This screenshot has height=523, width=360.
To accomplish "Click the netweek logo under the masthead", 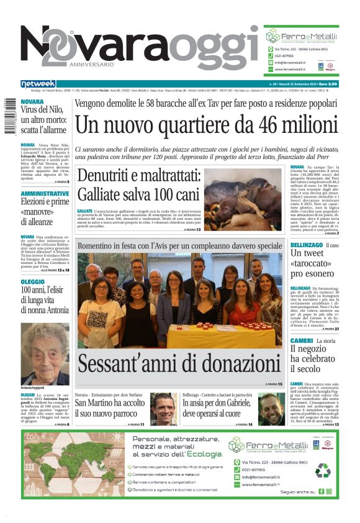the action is coord(38,83).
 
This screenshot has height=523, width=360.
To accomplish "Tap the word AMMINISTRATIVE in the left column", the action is coord(44,194).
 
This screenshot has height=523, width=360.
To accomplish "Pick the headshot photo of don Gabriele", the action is coord(271,408).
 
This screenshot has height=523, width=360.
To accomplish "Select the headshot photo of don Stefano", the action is coord(164,408).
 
